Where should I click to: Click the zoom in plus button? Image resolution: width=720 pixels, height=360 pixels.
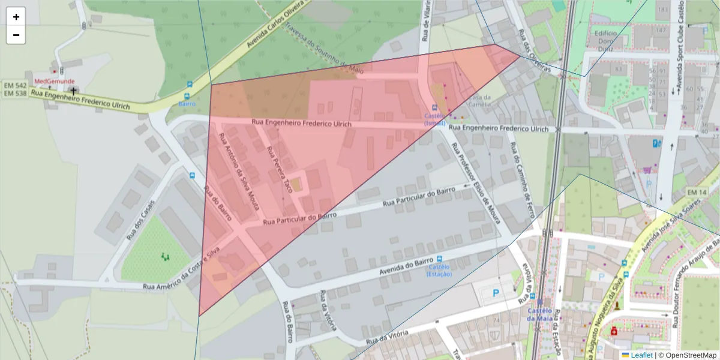pyautogui.click(x=16, y=17)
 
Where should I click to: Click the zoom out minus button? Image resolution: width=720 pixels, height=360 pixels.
pyautogui.click(x=16, y=35)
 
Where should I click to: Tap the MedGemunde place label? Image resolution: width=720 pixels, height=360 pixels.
pyautogui.click(x=54, y=81)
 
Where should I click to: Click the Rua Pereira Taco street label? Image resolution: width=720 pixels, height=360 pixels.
pyautogui.click(x=280, y=169)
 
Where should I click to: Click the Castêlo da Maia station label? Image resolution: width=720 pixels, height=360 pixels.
pyautogui.click(x=539, y=314)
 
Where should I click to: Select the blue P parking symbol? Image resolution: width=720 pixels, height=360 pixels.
pyautogui.click(x=496, y=293)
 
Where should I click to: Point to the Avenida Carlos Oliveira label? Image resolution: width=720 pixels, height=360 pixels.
pyautogui.click(x=277, y=25)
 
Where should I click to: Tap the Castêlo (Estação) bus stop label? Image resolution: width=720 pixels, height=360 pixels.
pyautogui.click(x=439, y=271)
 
